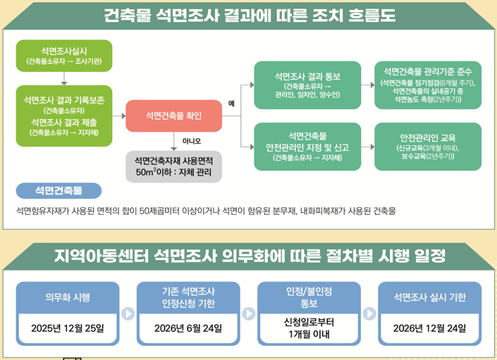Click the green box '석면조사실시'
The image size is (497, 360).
click(64, 56)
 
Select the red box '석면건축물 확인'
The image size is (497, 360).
click(173, 116)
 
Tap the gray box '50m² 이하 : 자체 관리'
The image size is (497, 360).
click(173, 167)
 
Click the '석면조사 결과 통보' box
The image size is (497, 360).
click(307, 85)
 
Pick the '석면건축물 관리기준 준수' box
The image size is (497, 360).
click(428, 85)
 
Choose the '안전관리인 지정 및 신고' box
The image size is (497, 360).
click(307, 147)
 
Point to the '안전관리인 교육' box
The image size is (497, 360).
click(428, 147)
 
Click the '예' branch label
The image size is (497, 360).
click(231, 104)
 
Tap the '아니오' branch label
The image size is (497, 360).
click(192, 141)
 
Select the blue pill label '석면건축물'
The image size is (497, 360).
click(59, 191)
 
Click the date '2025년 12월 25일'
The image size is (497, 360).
click(68, 328)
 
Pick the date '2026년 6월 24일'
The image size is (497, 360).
click(188, 328)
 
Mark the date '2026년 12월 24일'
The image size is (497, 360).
click(429, 328)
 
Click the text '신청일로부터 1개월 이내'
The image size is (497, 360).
click(309, 328)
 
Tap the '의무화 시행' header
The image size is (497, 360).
click(68, 297)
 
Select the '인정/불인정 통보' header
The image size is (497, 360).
click(309, 297)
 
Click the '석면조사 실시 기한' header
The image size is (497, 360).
click(429, 297)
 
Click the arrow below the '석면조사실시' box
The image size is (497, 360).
click(64, 78)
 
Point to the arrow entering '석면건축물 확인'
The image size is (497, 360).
click(119, 116)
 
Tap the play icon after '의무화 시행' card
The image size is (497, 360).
click(128, 314)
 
